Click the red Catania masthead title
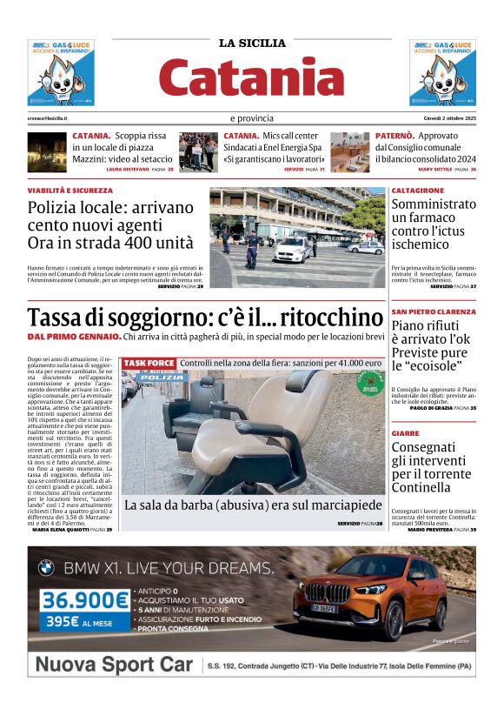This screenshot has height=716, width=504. pyautogui.click(x=251, y=77)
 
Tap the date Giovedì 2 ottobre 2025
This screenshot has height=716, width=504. pyautogui.click(x=444, y=118)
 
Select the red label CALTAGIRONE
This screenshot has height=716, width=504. pyautogui.click(x=418, y=190)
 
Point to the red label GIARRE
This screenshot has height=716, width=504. pyautogui.click(x=406, y=432)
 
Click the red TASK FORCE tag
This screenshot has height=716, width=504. pyautogui.click(x=149, y=363)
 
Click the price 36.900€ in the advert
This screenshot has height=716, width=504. pyautogui.click(x=85, y=600)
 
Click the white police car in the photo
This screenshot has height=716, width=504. pyautogui.click(x=293, y=250)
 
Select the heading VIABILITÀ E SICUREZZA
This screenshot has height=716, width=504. pyautogui.click(x=70, y=190)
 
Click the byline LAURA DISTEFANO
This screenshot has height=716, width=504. pyautogui.click(x=132, y=169)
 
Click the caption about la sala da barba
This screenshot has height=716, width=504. pyautogui.click(x=253, y=505)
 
